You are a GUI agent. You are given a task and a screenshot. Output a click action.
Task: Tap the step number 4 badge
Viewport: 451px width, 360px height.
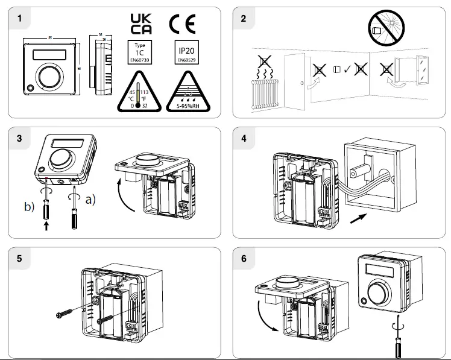click(244, 138)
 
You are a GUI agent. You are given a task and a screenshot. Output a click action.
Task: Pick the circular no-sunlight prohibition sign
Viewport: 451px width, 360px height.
click(386, 29)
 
